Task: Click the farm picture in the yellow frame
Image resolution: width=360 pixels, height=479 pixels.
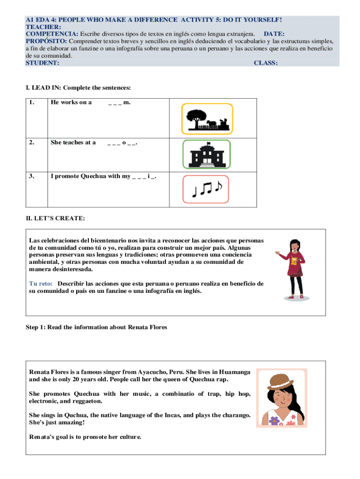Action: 207,119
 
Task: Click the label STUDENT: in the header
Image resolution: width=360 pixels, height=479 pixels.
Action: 42,63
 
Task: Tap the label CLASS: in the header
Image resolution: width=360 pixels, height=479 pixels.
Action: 266,63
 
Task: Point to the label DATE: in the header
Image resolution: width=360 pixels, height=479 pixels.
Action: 274,34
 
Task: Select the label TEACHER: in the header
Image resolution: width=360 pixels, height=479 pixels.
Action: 42,27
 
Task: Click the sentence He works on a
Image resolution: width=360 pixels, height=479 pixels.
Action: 71,102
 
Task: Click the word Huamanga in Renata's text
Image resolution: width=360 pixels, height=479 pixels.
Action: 232,371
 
